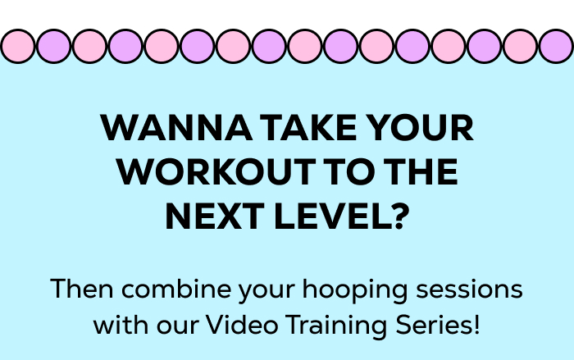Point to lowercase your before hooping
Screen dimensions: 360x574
tap(264, 291)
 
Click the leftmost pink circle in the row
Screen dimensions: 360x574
tap(18, 46)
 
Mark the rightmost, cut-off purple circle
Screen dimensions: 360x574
tap(558, 46)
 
